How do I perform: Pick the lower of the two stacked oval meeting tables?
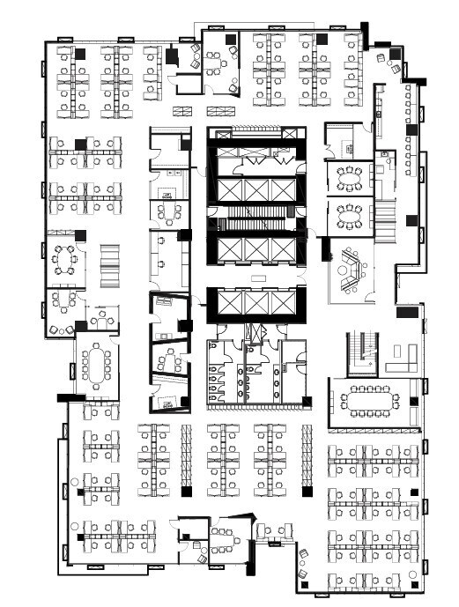click(x=349, y=214)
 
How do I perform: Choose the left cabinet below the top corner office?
click(x=183, y=110)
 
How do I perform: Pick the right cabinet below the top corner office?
click(x=218, y=110)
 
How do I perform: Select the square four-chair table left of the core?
click(x=168, y=212)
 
